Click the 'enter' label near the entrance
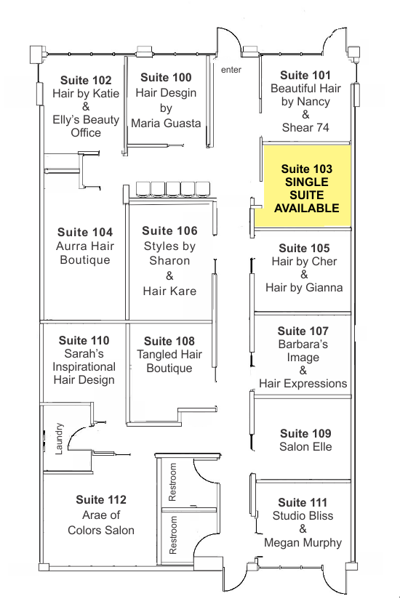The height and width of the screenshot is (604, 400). [231, 70]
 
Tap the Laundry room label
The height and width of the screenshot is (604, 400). [59, 439]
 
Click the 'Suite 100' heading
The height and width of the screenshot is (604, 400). [166, 78]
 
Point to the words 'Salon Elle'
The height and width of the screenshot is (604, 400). [305, 447]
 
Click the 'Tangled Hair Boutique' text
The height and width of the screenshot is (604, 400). [169, 361]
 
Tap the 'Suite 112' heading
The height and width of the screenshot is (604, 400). [101, 499]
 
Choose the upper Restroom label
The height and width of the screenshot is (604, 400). [172, 482]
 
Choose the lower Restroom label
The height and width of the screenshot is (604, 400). [172, 535]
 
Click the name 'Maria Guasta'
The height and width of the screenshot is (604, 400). [166, 124]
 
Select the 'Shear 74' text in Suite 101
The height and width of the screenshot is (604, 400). [305, 127]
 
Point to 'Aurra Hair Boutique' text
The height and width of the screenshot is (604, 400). [85, 253]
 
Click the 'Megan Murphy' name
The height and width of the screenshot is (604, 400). [303, 543]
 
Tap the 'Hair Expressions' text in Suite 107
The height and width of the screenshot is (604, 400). [303, 384]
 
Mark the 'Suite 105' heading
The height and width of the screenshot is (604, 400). [304, 248]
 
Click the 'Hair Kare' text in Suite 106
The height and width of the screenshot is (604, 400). [169, 291]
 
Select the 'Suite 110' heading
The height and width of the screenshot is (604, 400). [84, 340]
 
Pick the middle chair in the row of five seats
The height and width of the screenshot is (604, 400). [173, 189]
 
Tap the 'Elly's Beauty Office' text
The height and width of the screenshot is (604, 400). [86, 126]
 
